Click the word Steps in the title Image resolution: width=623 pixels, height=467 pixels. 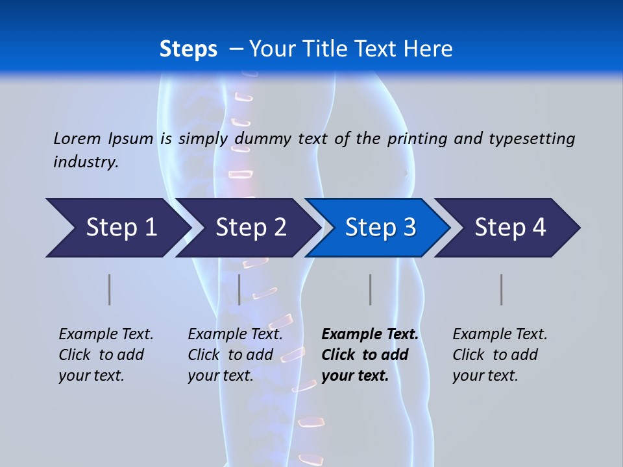pyautogui.click(x=188, y=49)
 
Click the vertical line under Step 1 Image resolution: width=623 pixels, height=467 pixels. pyautogui.click(x=110, y=289)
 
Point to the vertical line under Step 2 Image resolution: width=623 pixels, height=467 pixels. pyautogui.click(x=239, y=289)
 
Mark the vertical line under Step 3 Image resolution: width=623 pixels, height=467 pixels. pyautogui.click(x=371, y=289)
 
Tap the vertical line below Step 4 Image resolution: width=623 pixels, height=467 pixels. pyautogui.click(x=502, y=289)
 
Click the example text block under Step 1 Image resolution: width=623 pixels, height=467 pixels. pyautogui.click(x=105, y=355)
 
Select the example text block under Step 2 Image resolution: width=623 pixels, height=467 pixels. pyautogui.click(x=234, y=355)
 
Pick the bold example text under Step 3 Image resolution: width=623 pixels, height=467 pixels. pyautogui.click(x=369, y=355)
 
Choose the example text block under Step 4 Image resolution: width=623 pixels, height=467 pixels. pyautogui.click(x=499, y=355)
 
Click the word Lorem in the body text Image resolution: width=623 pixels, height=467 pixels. pyautogui.click(x=77, y=138)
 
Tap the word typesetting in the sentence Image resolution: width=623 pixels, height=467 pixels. pyautogui.click(x=531, y=138)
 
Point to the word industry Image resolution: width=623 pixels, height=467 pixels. pyautogui.click(x=85, y=162)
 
